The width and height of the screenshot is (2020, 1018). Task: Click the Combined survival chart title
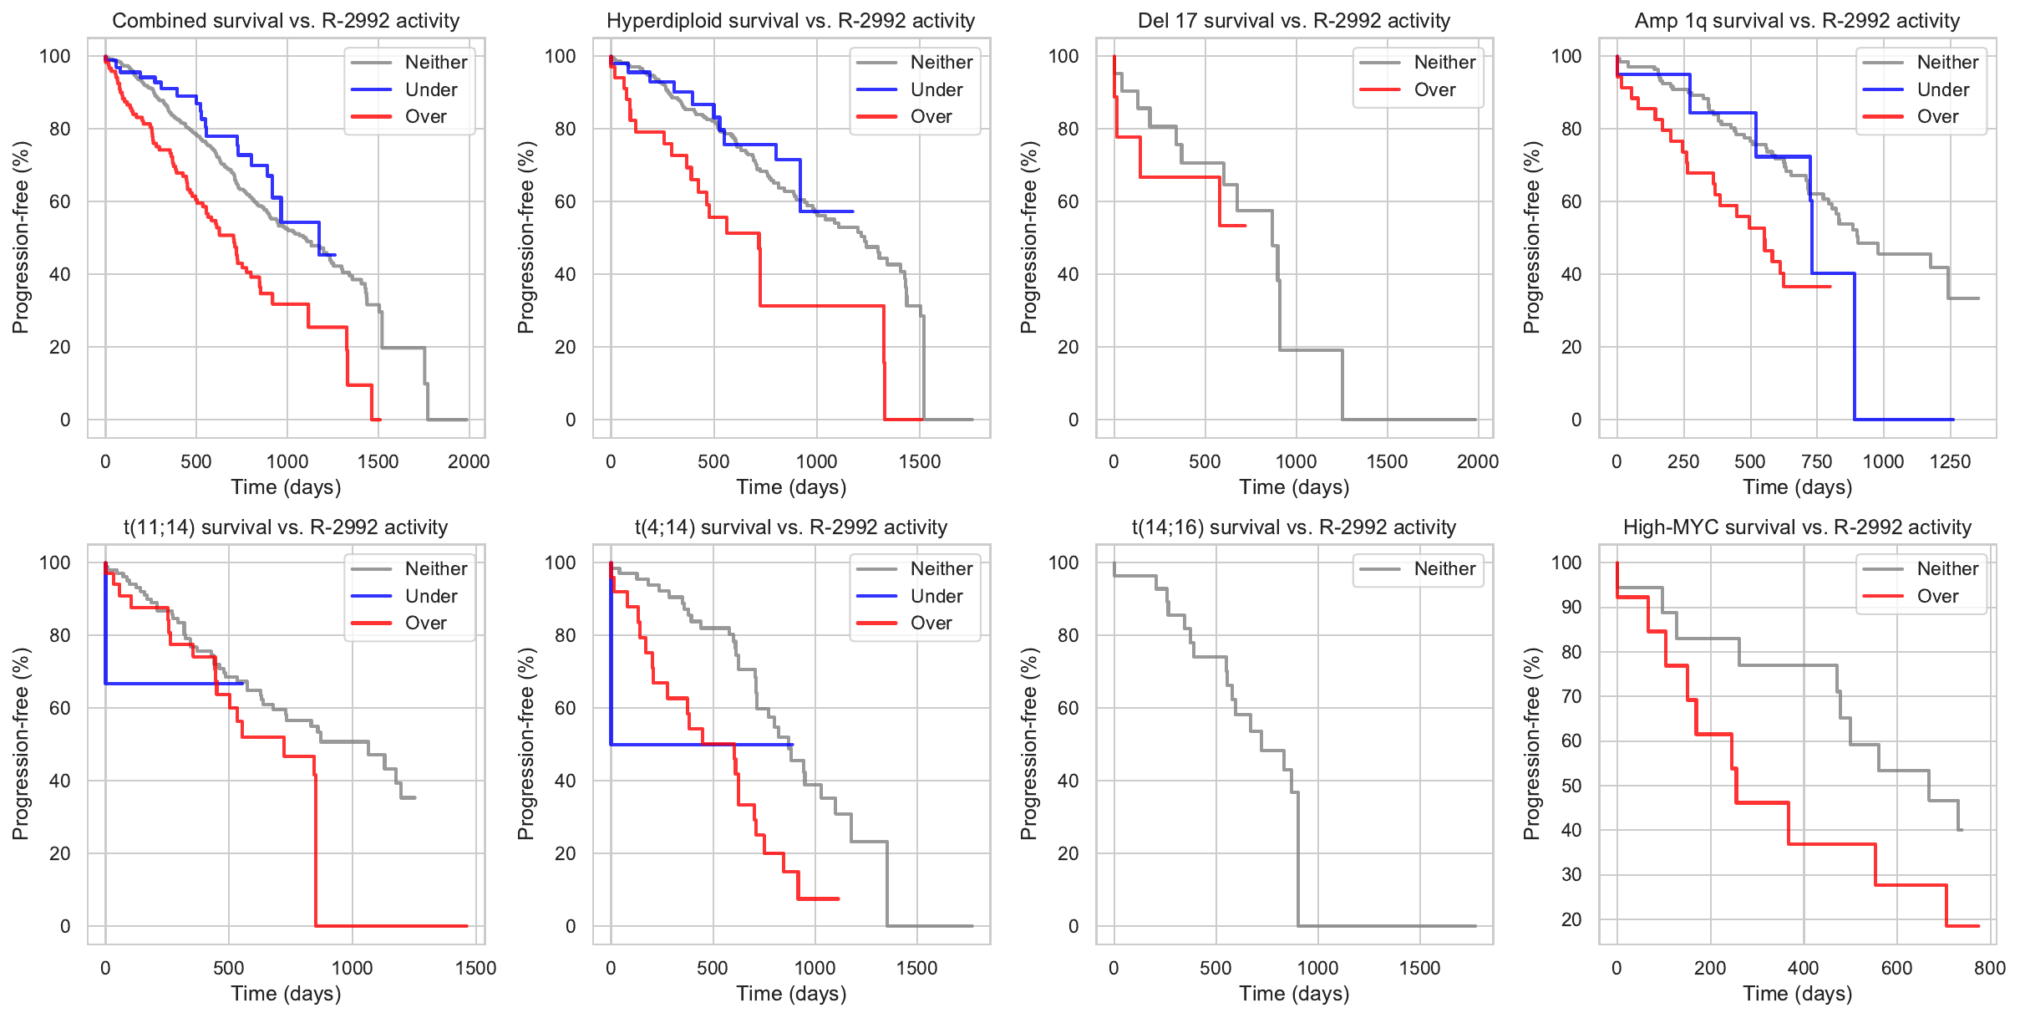tap(286, 21)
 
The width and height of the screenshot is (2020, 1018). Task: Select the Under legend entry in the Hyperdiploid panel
tap(936, 89)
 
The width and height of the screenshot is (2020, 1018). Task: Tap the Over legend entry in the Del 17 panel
tap(1434, 89)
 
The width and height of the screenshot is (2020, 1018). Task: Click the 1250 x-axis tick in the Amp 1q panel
tap(1950, 462)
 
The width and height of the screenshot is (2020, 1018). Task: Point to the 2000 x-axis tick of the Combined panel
tap(469, 462)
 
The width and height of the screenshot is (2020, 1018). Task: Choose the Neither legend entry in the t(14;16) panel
tap(1444, 569)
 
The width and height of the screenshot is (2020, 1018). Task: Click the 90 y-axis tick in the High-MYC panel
tap(1571, 608)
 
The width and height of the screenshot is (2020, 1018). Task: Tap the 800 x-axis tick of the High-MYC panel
tap(1990, 969)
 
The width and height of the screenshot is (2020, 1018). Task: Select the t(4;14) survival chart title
tap(790, 527)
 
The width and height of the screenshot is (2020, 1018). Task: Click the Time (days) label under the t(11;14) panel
tap(286, 994)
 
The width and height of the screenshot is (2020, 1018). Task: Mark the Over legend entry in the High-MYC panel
tap(1937, 596)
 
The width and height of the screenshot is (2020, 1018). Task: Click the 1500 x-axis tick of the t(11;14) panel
tap(475, 969)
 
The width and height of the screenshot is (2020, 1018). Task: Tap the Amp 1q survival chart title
tap(1797, 21)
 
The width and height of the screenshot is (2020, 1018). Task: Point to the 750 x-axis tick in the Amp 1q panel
tap(1817, 462)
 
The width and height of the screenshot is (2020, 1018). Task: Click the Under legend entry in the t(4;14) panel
tap(936, 596)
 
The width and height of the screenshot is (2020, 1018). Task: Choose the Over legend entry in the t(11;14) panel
tap(425, 624)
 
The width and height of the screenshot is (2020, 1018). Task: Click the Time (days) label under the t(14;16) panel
tap(1294, 994)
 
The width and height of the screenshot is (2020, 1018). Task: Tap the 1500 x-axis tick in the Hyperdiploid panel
tap(920, 462)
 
